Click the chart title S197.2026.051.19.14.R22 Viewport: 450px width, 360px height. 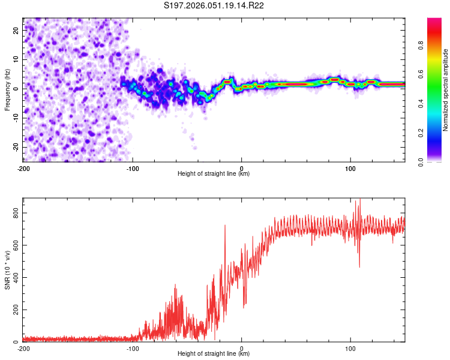(214, 5)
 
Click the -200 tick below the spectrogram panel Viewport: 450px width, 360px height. (23, 169)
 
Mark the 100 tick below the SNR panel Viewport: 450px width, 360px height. (350, 349)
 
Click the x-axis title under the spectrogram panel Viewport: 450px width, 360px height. (214, 174)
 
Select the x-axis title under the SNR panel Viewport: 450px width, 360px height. (214, 354)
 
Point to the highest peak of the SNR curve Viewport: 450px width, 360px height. (359, 200)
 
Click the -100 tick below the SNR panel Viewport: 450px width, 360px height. (133, 349)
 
